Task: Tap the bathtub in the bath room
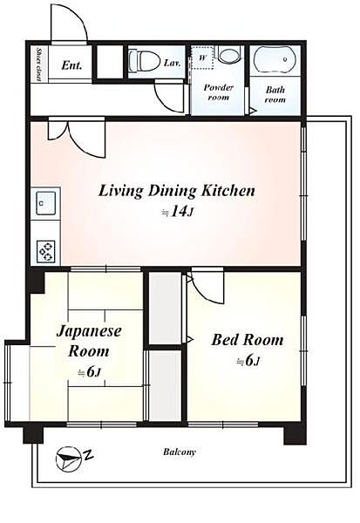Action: pos(275,60)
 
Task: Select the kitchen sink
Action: pos(45,203)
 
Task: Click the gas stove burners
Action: pos(46,252)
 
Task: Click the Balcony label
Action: pos(180,452)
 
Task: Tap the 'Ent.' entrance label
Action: pos(71,65)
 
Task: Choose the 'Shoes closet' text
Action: pos(39,65)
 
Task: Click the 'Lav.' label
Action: pos(173,63)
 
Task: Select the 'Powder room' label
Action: pos(218,92)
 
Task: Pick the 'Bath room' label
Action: pos(275,94)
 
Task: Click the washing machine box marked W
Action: pos(202,58)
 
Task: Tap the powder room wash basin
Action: pos(228,55)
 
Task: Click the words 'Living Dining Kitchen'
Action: pos(176,191)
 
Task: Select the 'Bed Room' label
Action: pos(248,340)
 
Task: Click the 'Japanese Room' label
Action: pos(89,341)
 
